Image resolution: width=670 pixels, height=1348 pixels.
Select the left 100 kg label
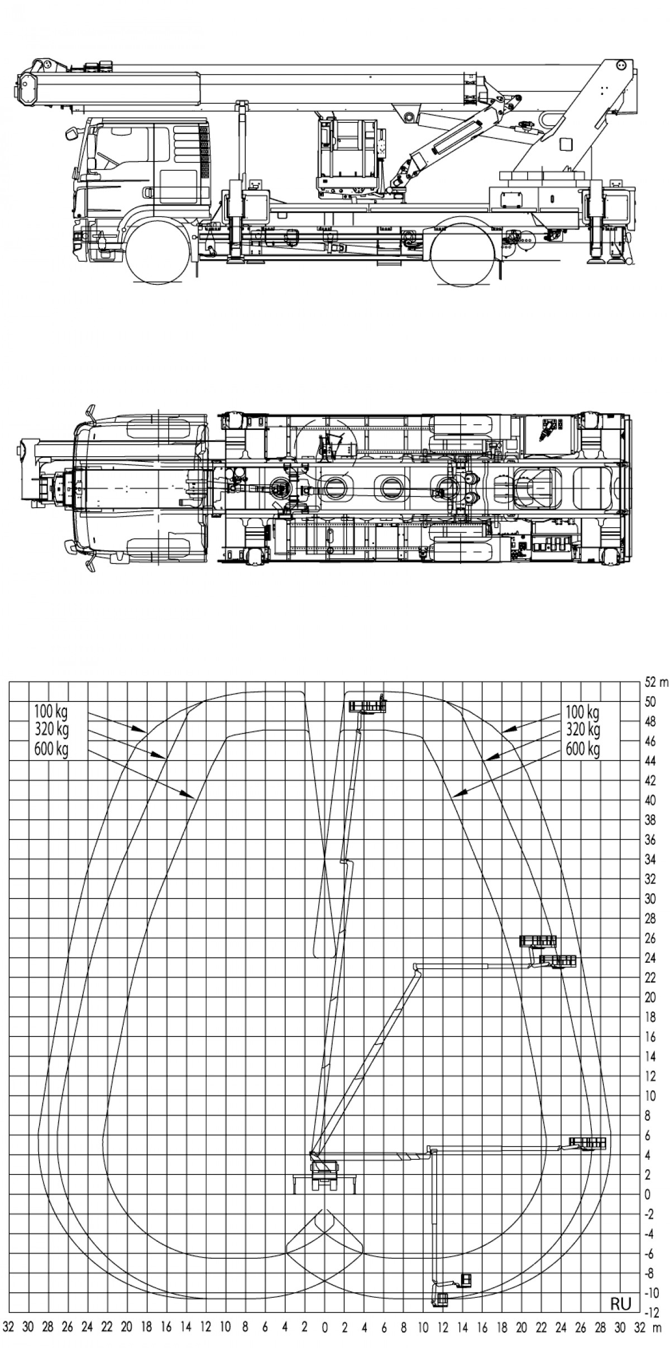click(x=50, y=713)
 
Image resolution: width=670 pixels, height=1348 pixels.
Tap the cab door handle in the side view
click(x=147, y=192)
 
